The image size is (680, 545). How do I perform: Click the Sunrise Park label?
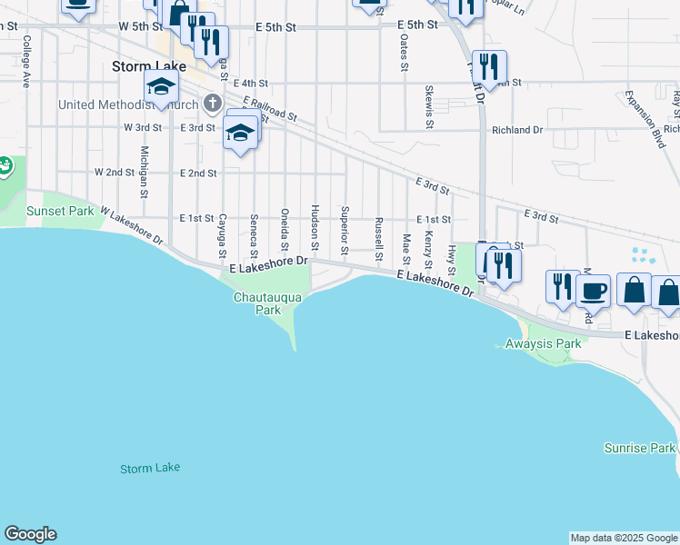click(x=640, y=449)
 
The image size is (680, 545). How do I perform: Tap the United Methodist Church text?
click(x=128, y=104)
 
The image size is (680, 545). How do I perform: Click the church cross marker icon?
click(x=213, y=103)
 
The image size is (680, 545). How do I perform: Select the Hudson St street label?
click(x=315, y=227)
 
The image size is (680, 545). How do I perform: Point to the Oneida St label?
click(x=285, y=229)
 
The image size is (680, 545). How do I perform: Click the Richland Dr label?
click(x=516, y=130)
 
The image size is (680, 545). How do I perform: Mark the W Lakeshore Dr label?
click(x=132, y=224)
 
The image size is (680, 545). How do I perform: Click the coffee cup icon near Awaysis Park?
click(x=593, y=291)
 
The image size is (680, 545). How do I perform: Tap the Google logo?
click(x=30, y=534)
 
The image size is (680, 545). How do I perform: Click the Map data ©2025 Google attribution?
click(x=624, y=538)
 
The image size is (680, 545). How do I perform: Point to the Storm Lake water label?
click(x=150, y=468)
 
